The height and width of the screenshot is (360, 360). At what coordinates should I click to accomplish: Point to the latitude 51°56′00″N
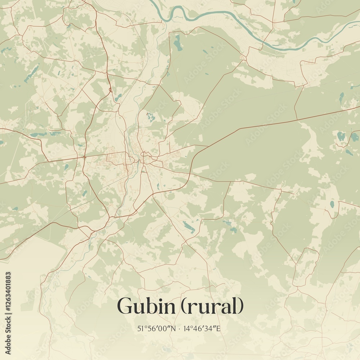(x=156, y=328)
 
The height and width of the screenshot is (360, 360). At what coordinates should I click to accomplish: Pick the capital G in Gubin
(x=124, y=307)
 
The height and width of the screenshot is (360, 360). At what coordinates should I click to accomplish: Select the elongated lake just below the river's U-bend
(x=177, y=42)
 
